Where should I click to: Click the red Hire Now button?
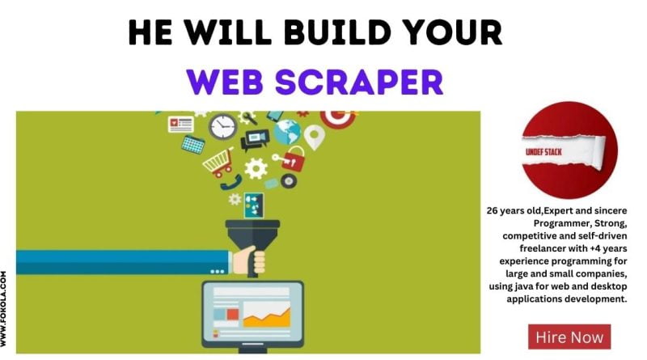coord(569,337)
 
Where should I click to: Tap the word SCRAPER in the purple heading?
coord(359,82)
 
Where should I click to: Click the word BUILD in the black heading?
coord(337,32)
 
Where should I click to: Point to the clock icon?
coord(223,126)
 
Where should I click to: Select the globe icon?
coord(288,132)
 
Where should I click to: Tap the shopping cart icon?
coord(218,163)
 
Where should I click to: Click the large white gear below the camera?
coord(256,168)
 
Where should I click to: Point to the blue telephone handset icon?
coord(231,183)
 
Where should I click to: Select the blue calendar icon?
coord(193,145)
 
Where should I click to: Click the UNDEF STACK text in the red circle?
coord(543,152)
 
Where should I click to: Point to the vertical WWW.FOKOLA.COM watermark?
coord(4,308)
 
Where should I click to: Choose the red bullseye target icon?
coord(338,117)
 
